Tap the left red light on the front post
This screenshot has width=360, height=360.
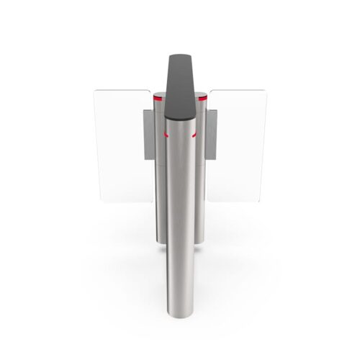[165, 135]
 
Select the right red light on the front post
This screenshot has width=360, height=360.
[195, 135]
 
